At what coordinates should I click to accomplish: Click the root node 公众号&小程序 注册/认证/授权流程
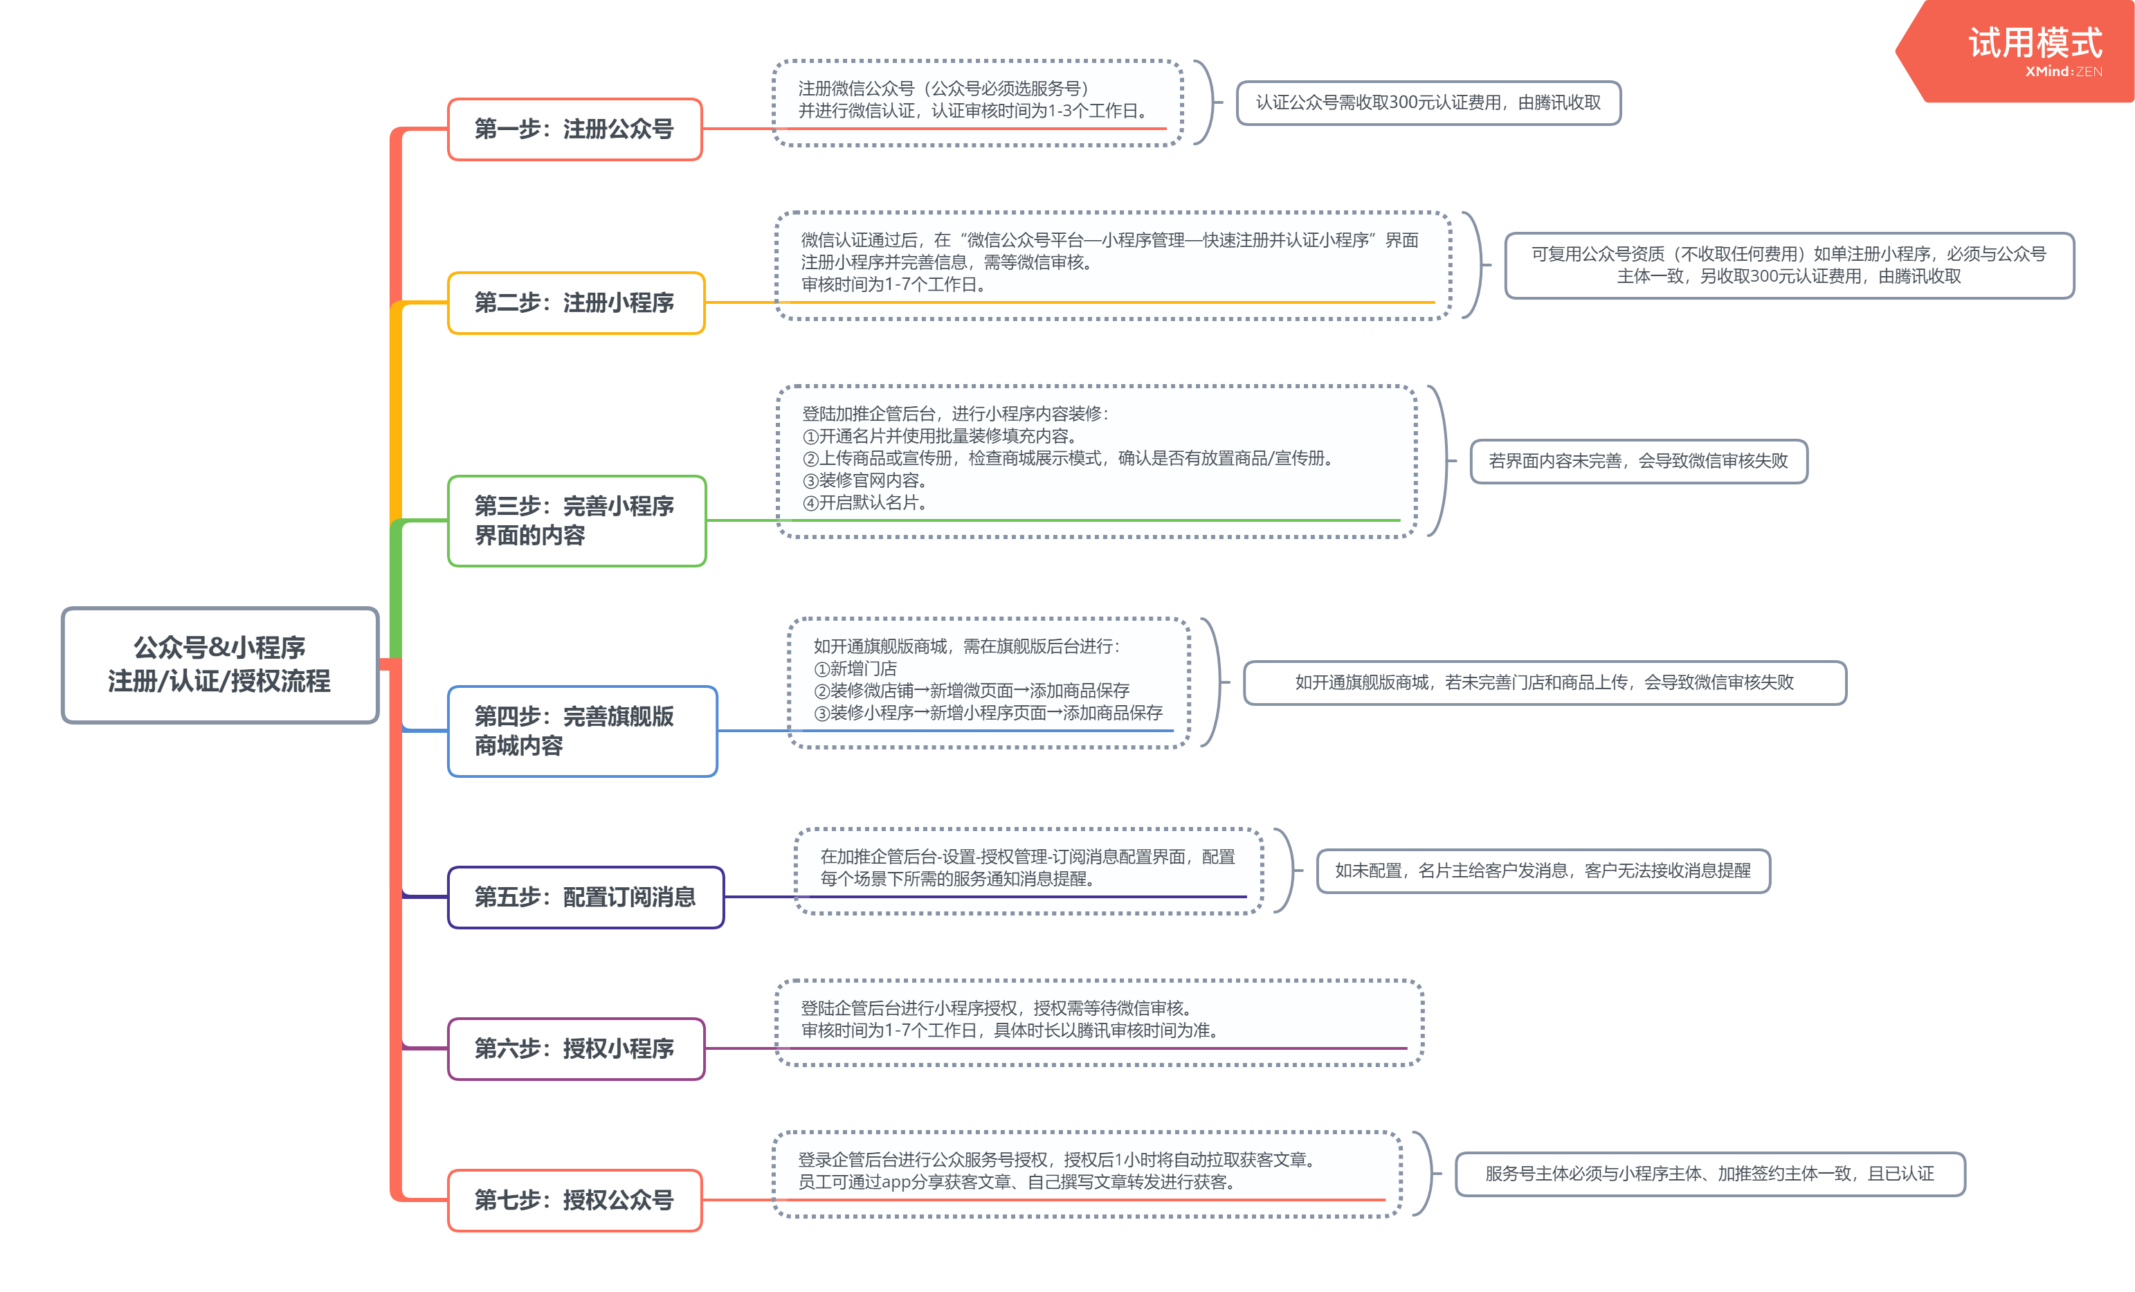(220, 664)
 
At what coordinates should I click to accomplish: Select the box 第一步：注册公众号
(574, 129)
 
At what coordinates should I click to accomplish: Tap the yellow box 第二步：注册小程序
(576, 302)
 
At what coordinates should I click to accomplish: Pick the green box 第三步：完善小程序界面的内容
(577, 521)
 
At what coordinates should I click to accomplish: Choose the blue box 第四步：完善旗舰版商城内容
(582, 731)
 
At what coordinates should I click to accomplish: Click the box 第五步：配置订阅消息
(585, 897)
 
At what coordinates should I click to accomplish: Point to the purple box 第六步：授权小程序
(576, 1048)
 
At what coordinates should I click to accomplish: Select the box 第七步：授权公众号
(574, 1200)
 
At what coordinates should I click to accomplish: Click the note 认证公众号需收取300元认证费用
(1428, 103)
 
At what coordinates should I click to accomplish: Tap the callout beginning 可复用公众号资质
(1789, 265)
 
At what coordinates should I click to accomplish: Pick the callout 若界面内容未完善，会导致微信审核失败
(1639, 461)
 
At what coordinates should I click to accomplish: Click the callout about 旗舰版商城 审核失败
(1545, 683)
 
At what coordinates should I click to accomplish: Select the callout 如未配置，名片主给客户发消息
(1543, 871)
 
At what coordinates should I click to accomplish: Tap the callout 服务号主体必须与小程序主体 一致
(1709, 1174)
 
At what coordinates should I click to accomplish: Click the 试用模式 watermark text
(2035, 42)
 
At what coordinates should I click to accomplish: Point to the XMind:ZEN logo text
(2064, 72)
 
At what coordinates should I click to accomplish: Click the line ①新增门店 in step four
(855, 668)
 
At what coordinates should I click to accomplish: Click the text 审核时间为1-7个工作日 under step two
(894, 284)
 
